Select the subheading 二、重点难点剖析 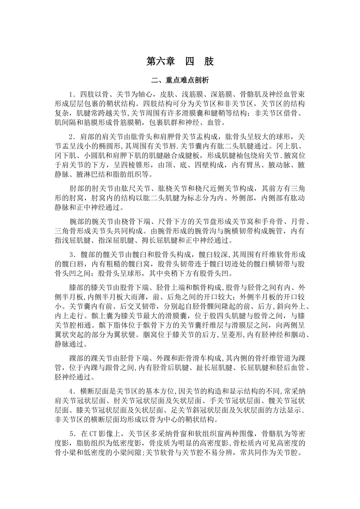tap(180, 81)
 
